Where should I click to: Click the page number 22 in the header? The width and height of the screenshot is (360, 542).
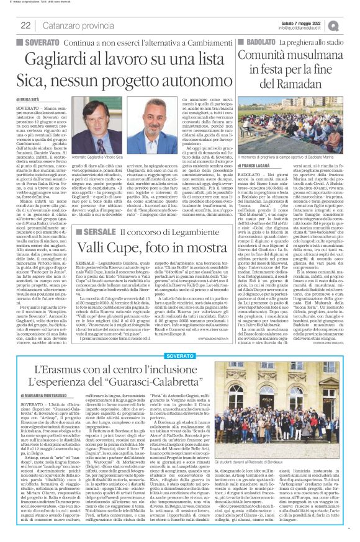[x=25, y=25]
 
